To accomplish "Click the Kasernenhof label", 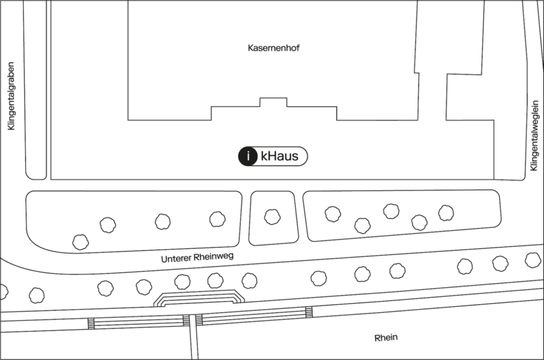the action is (273, 48).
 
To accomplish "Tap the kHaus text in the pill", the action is (279, 156).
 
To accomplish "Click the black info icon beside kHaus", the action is (248, 156).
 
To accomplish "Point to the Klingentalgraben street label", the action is (11, 96).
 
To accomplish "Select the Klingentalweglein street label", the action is (534, 136).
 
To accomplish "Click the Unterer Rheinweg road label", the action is (197, 257).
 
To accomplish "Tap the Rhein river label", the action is (386, 338).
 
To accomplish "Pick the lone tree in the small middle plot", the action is (273, 217).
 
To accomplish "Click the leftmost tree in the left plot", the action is (80, 242).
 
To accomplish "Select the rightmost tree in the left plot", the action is (218, 219).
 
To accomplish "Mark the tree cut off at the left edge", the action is (3, 292).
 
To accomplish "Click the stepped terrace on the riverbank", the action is (199, 298).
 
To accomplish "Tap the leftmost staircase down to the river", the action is (91, 323).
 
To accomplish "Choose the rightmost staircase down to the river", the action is (309, 312).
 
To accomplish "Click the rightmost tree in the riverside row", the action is (533, 260).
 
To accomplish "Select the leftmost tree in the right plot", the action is (332, 214).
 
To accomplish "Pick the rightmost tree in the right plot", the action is (446, 213).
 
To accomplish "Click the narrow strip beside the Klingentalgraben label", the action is (36, 90).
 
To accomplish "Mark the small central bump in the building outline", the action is (273, 102).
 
